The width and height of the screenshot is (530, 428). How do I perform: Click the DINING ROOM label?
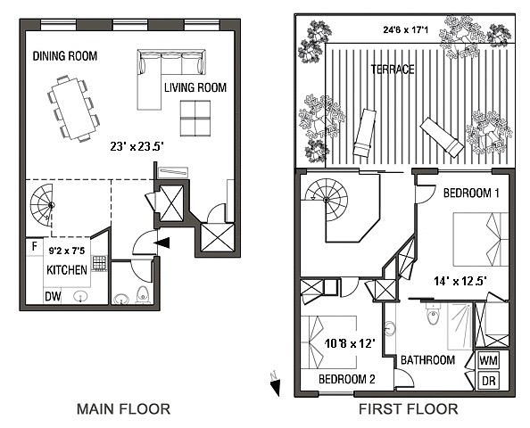[65, 56]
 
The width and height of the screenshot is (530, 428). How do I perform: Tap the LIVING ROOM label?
[195, 87]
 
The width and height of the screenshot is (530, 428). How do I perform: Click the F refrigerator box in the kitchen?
[33, 247]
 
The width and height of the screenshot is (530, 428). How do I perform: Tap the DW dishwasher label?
[53, 299]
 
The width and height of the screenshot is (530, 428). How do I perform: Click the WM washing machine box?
[489, 359]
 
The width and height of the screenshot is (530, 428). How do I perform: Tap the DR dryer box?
[489, 380]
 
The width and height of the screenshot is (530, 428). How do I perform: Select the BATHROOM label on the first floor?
[427, 360]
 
